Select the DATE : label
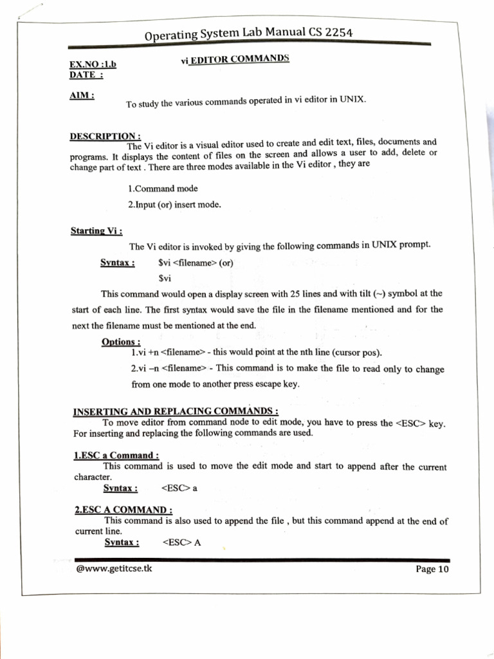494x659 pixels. [x=86, y=75]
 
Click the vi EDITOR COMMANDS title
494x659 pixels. [x=235, y=59]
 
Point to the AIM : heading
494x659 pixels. [x=82, y=95]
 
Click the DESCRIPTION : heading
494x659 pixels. [x=105, y=136]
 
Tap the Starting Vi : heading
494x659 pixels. [x=96, y=231]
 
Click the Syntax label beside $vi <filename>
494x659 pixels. [x=118, y=263]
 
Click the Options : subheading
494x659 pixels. [x=121, y=342]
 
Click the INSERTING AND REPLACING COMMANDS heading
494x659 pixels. [x=176, y=412]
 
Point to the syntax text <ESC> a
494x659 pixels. [x=179, y=488]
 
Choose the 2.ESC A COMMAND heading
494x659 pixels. [x=123, y=510]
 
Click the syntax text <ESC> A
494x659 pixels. [x=181, y=542]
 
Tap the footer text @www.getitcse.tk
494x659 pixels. [x=114, y=568]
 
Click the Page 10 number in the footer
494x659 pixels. [x=432, y=570]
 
